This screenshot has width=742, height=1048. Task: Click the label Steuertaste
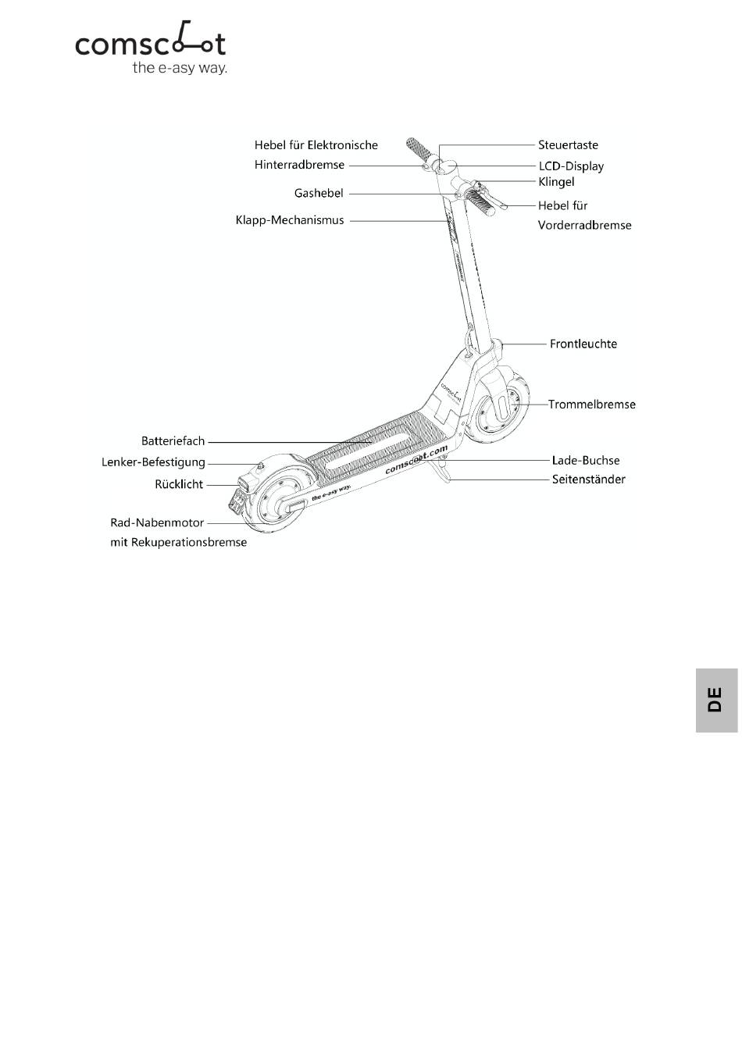point(568,145)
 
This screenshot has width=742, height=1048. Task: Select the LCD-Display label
point(571,166)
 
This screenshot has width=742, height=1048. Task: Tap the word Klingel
point(556,181)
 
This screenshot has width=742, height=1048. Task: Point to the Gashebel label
point(319,193)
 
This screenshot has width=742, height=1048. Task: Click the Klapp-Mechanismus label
point(290,220)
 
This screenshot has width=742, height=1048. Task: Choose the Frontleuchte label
point(583,344)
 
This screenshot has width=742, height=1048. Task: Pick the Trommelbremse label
point(592,405)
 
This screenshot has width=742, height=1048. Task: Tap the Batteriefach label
point(173,441)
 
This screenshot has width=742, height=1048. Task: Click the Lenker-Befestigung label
point(153,463)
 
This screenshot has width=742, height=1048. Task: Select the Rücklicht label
point(179,484)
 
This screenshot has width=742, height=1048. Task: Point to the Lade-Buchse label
point(586,461)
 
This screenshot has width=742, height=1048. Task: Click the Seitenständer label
point(589,479)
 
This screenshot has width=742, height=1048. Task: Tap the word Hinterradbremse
point(299,165)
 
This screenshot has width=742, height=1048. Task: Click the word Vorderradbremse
point(584,225)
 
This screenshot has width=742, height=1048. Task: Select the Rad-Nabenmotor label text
point(157,522)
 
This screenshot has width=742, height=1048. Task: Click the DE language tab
point(716,700)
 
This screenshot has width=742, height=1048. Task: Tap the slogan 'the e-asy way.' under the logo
point(180,68)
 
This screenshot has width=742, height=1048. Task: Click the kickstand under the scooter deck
point(441,471)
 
